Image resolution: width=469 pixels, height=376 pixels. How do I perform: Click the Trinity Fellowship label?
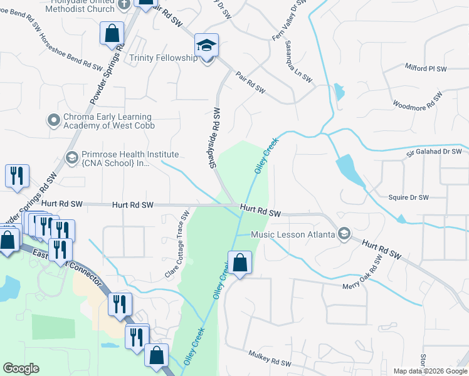163,58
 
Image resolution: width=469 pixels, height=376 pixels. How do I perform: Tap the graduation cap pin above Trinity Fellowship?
206,45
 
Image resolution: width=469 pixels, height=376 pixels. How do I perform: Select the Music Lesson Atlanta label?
293,234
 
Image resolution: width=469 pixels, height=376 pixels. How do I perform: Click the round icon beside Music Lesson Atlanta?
344,234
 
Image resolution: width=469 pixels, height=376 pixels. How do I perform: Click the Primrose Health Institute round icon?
71,157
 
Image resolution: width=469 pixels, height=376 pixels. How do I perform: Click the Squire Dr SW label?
408,197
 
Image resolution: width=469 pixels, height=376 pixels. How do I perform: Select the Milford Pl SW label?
425,67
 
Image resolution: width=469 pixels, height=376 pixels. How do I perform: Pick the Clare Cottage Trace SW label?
177,244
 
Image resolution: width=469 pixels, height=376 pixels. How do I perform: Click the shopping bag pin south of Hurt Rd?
240,263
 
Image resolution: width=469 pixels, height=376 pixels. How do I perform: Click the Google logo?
21,368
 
